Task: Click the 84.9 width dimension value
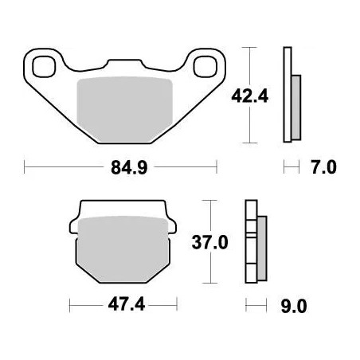121,168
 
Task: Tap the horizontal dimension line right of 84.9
183,168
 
